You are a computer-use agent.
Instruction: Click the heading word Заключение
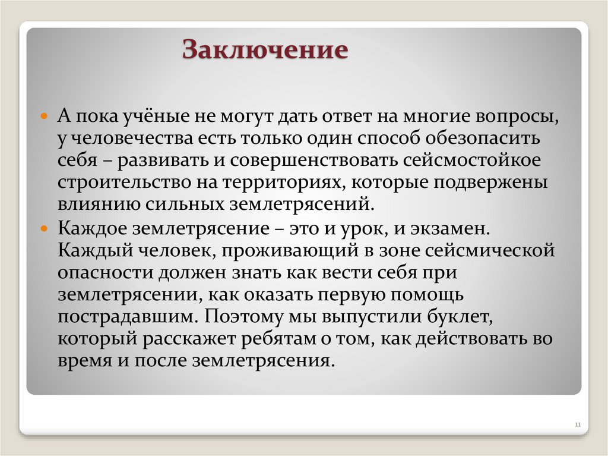point(264,50)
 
